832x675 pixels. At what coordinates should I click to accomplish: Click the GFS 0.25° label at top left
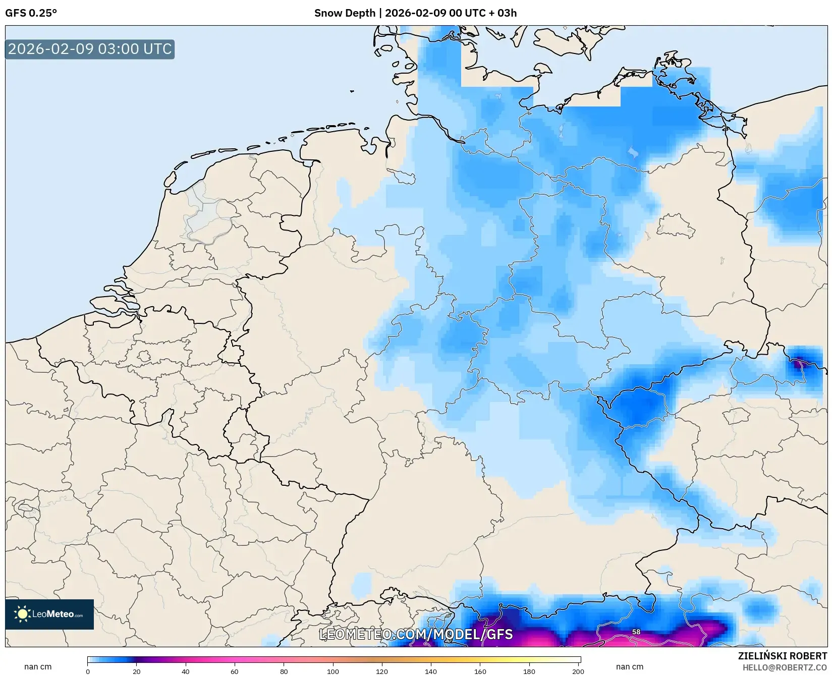tap(31, 13)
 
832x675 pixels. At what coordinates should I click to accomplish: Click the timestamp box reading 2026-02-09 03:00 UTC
tap(90, 49)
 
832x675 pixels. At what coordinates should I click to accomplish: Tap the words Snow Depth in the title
tap(344, 13)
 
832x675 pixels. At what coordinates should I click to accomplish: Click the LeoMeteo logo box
tap(49, 614)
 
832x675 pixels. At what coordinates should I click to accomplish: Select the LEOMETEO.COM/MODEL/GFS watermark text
tap(416, 634)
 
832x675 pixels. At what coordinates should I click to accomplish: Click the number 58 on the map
tap(636, 632)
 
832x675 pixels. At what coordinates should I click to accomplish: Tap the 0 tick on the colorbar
tap(88, 671)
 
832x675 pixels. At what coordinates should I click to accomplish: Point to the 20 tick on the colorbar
tap(137, 671)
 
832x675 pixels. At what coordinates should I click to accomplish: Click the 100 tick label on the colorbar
tap(333, 671)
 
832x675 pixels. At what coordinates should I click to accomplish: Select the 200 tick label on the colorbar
tap(578, 671)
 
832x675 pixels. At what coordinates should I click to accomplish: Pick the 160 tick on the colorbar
tap(480, 671)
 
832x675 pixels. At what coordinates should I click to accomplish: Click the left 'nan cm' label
tap(38, 666)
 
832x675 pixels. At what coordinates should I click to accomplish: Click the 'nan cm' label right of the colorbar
tap(630, 666)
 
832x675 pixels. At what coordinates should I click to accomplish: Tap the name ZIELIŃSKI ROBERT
tap(783, 656)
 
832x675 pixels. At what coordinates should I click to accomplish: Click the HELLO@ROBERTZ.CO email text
tap(785, 667)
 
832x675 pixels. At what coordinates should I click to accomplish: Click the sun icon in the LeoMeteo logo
tap(23, 614)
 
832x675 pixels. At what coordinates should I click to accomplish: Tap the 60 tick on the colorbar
tap(235, 671)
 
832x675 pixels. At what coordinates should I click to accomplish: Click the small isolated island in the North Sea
tap(352, 91)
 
